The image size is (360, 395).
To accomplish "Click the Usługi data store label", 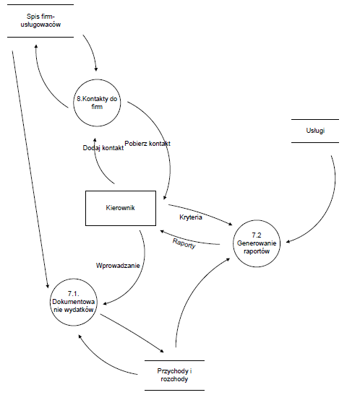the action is coord(315,131).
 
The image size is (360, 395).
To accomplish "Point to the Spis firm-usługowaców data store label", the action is coord(40,20).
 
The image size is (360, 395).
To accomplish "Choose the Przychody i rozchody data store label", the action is coord(174,375).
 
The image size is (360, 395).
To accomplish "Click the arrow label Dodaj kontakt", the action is coord(103,148).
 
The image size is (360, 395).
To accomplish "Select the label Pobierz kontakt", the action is coord(147,144).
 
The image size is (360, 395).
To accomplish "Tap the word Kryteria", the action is coord(191,217).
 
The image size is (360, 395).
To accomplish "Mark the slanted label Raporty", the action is coord(184,243).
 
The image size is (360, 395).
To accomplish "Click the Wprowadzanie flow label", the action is coord(118,266).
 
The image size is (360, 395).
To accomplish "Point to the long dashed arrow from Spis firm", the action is coord(30,169).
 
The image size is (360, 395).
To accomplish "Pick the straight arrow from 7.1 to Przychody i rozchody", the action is coord(132,333).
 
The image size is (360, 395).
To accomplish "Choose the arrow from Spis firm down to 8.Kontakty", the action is coord(92,52).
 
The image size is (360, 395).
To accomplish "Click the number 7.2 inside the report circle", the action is coord(257,235).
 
